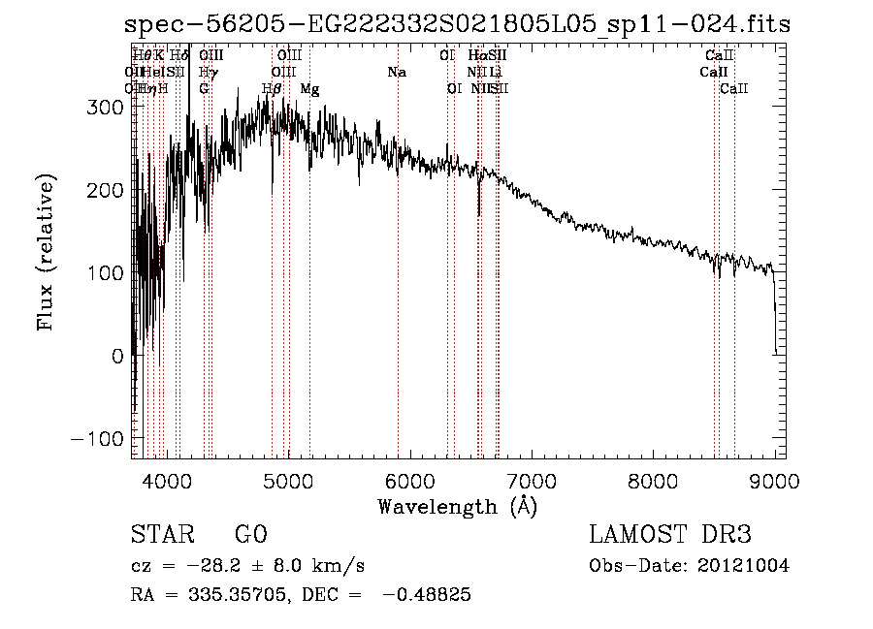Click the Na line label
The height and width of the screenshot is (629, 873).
396,72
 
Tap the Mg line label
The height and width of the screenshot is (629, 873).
309,89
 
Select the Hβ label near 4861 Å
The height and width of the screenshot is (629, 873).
273,89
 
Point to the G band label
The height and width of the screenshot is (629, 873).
205,89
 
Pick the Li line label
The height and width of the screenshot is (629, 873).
496,72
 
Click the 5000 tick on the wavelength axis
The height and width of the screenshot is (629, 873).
288,480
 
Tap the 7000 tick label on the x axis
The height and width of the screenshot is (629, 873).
532,480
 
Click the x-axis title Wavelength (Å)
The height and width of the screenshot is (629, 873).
457,506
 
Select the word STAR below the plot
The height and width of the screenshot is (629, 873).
161,535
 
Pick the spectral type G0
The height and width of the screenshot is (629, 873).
250,535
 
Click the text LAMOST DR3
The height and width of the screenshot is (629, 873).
670,535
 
